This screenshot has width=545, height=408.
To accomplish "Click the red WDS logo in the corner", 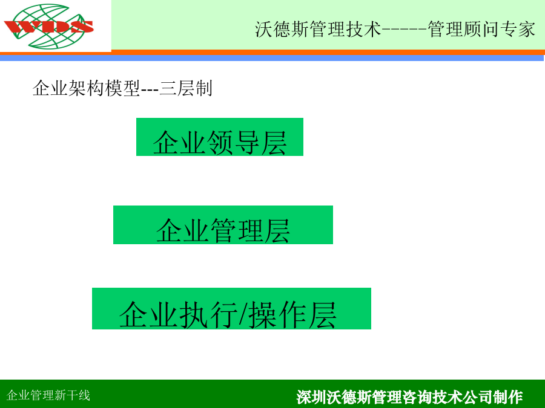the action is tap(48, 27).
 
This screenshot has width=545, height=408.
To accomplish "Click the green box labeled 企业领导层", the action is tap(220, 137).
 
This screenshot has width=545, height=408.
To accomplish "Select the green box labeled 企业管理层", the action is tap(223, 225).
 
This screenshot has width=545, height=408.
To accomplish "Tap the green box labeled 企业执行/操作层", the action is tap(231, 308).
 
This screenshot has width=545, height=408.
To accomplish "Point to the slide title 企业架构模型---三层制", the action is tap(122, 88).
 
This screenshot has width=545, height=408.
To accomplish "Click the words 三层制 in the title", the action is tap(186, 88).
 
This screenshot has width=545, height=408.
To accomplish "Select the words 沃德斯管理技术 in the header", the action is tap(318, 29).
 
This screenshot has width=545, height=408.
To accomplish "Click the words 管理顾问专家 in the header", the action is tap(481, 29).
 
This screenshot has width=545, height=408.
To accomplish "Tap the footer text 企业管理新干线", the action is tap(48, 395).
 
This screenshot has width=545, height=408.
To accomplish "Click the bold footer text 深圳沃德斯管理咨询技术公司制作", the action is tap(410, 397).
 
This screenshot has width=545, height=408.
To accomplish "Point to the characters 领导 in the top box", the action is tap(234, 143).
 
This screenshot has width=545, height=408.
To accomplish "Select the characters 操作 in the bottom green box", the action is tap(278, 315).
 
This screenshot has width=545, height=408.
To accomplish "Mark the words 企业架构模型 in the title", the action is tap(86, 88).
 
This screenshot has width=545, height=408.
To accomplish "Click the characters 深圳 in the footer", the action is tap(311, 397).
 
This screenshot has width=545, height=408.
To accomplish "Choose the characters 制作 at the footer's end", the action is tap(508, 397).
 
